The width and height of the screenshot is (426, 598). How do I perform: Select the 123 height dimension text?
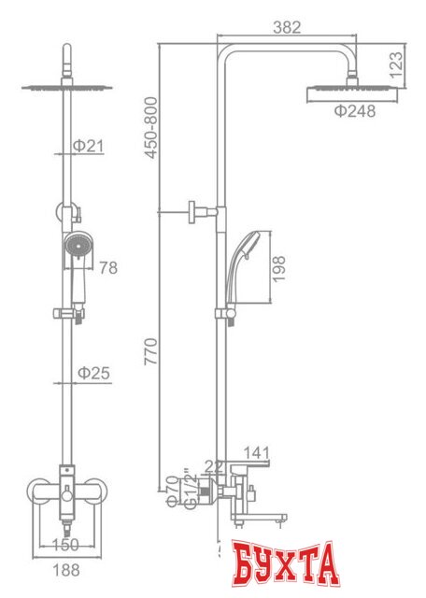click(x=397, y=64)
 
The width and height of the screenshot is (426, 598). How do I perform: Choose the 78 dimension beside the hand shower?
click(x=107, y=268)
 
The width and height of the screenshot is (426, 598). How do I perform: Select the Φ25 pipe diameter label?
click(x=93, y=372)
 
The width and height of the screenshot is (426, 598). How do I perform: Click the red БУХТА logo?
click(x=285, y=566)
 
